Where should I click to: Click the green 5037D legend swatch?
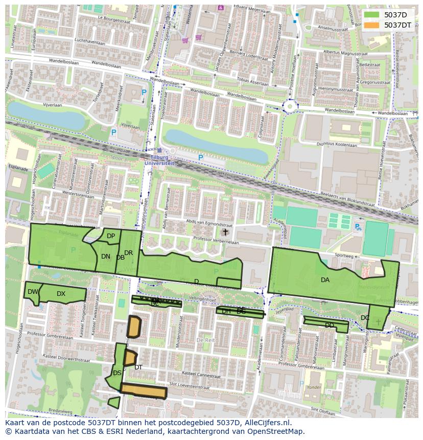point(371,15)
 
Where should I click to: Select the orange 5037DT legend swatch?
point(371,25)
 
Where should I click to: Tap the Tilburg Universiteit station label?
point(159,160)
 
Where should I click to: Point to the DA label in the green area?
point(325,280)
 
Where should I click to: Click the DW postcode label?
point(33,292)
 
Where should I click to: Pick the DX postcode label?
point(61,293)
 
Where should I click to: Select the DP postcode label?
point(110,236)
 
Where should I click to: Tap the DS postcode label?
point(117,373)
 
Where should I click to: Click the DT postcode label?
point(138,367)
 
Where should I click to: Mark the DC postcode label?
point(365,317)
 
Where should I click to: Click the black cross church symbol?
point(225,232)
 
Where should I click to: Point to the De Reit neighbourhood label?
point(205,340)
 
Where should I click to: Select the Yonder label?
point(314,387)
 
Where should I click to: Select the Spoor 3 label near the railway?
point(132,159)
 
